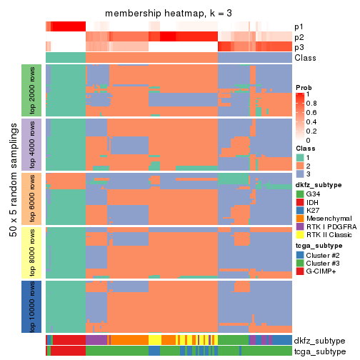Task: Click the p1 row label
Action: tap(299, 27)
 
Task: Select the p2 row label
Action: tap(299, 37)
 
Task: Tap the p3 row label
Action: tap(299, 47)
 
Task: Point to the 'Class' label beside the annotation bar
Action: tap(304, 58)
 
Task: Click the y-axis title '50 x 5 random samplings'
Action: tap(12, 198)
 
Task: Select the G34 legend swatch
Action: tap(300, 194)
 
